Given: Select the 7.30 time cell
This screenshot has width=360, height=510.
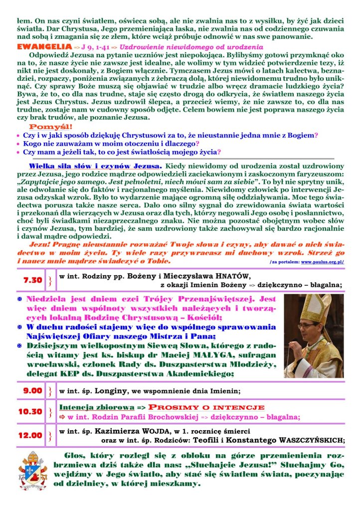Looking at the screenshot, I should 33,280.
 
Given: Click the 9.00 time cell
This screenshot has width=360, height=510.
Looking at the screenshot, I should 33,390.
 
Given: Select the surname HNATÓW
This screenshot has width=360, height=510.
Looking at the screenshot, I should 229,276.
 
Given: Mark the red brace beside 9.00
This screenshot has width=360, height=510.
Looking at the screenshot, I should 50,390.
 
